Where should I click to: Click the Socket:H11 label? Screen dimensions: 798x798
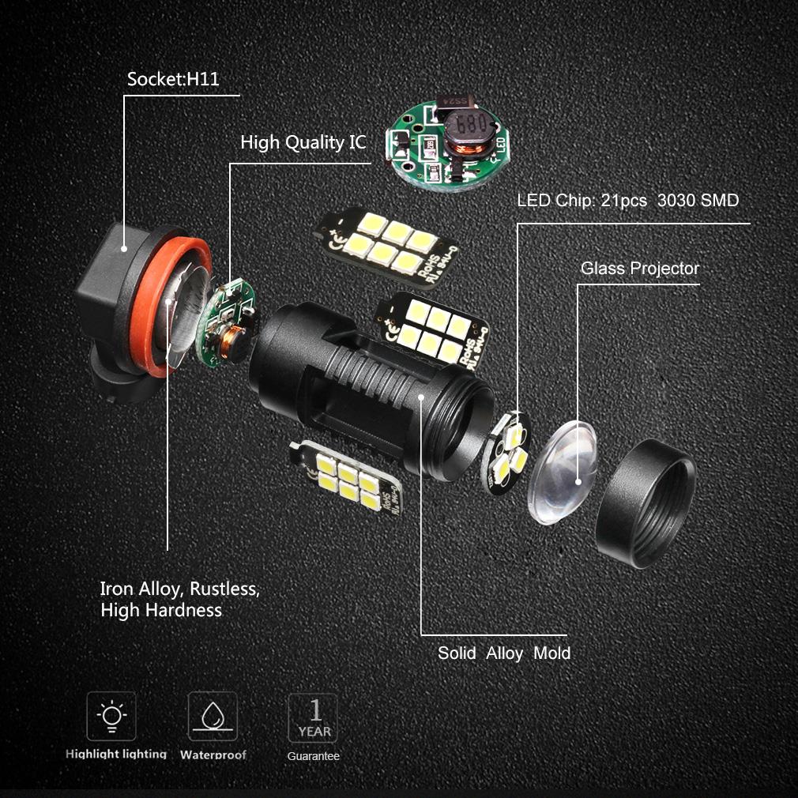pyautogui.click(x=173, y=79)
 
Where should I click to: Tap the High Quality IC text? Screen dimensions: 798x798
pyautogui.click(x=303, y=142)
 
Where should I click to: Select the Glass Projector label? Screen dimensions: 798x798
pyautogui.click(x=639, y=269)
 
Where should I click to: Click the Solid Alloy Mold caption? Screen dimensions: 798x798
pyautogui.click(x=503, y=653)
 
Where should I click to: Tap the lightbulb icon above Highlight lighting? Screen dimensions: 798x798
pyautogui.click(x=111, y=716)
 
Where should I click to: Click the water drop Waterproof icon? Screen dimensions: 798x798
pyautogui.click(x=212, y=716)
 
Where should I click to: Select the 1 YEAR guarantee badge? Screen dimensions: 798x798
pyautogui.click(x=313, y=717)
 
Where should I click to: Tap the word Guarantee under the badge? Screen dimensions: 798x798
pyautogui.click(x=313, y=756)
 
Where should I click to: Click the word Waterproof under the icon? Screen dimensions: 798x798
pyautogui.click(x=213, y=755)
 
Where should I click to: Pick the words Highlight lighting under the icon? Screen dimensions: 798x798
pyautogui.click(x=116, y=755)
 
